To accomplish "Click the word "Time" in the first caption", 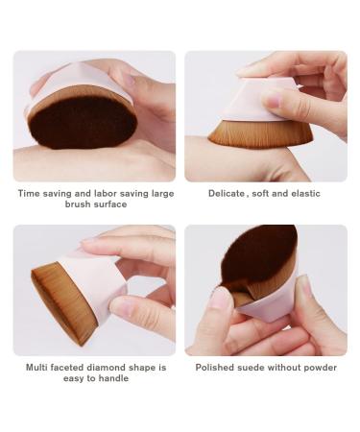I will coord(29,193).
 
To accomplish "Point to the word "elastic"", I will coord(303,193).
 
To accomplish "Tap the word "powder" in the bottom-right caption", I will coord(321,367).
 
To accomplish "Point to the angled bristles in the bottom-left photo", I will coord(53,298).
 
